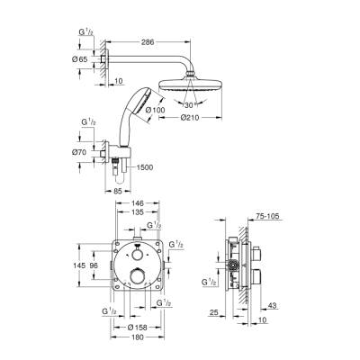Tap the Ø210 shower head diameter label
pos(189,116)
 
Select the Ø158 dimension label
pos(139,327)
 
